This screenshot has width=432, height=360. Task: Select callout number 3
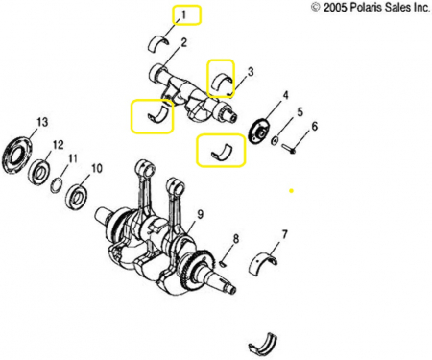pyautogui.click(x=251, y=72)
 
